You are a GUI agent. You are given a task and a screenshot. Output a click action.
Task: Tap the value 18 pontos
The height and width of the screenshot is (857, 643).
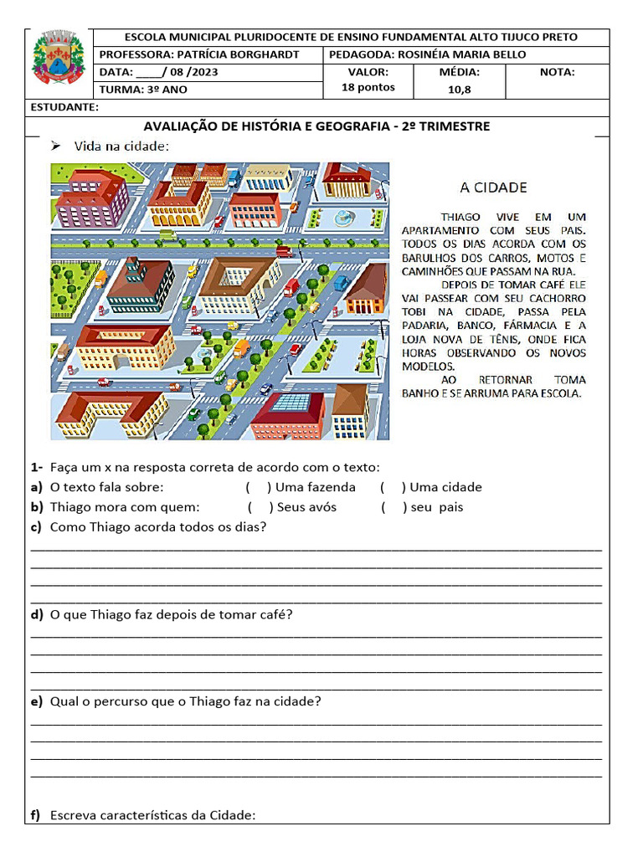coord(368,88)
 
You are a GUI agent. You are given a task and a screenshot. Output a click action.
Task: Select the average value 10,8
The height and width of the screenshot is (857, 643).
coord(460,89)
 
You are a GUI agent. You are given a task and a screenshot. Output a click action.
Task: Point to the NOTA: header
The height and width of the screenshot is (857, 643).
coord(558,72)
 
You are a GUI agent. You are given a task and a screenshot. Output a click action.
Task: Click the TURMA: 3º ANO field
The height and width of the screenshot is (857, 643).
coord(143,90)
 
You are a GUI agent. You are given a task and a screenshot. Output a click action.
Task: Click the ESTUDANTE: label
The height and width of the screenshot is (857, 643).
coord(64,107)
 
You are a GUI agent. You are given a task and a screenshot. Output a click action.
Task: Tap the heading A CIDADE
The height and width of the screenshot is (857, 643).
coord(494,187)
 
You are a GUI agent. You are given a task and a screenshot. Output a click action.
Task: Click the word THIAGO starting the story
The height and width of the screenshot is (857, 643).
coord(460,216)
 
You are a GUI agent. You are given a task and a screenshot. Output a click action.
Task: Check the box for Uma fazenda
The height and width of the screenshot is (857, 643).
coord(259,487)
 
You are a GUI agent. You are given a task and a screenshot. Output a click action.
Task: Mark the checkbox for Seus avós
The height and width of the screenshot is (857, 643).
coord(260,507)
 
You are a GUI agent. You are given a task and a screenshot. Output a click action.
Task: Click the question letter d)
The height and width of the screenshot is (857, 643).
coord(37,615)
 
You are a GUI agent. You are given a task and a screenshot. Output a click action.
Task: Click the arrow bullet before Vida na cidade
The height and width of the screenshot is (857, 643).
coord(57,146)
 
